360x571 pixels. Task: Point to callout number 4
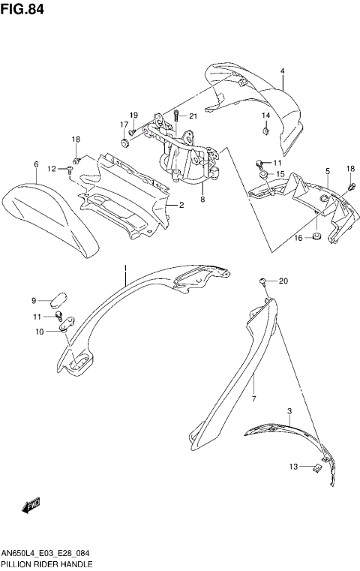tap(283, 71)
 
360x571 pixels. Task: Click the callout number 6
tap(35, 164)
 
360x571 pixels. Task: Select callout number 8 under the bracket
tap(202, 200)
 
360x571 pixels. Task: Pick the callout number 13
tap(293, 467)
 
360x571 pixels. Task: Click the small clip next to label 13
tap(317, 468)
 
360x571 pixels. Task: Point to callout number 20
tap(283, 281)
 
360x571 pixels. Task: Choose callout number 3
tap(289, 411)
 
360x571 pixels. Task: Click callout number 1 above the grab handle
tap(125, 268)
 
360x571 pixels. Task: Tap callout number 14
tap(265, 116)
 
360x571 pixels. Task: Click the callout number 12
tap(52, 168)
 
